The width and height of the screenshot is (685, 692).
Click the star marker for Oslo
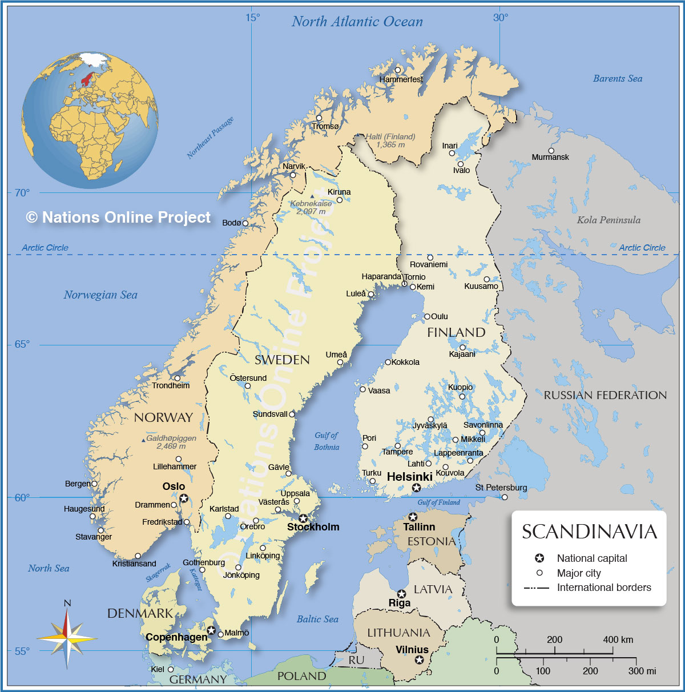point(184,498)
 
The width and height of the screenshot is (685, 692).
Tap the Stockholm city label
point(313,527)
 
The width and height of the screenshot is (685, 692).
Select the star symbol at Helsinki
point(417,488)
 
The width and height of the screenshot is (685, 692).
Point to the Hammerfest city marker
point(398,70)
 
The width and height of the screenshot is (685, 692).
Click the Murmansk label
point(550,157)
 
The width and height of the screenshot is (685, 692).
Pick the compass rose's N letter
point(67,603)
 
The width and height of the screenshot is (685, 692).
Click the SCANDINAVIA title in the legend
point(589,532)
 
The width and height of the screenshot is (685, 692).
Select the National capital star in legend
point(539,558)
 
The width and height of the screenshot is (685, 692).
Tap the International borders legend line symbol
point(536,588)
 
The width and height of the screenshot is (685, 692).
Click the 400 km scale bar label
point(618,639)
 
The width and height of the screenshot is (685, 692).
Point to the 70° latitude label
point(22,193)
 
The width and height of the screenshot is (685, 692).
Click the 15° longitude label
point(253,18)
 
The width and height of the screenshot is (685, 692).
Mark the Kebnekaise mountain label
point(311,204)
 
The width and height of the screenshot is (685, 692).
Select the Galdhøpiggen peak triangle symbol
point(143,440)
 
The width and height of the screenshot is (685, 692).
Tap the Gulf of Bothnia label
point(327,441)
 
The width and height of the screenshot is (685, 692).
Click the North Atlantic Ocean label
point(357,22)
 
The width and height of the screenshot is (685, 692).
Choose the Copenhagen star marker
point(211,630)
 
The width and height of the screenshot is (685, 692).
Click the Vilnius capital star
point(420,660)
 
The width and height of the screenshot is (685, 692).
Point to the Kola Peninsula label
point(609,220)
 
